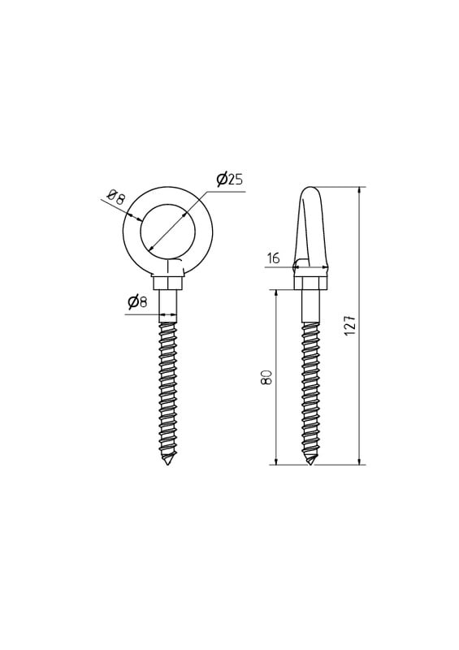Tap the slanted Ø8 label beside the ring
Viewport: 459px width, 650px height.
tap(115, 197)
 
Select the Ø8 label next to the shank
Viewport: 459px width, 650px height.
tap(137, 301)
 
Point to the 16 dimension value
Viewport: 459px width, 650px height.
tap(274, 258)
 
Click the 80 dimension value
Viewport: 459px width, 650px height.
tap(267, 376)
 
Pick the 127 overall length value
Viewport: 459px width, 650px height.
tap(350, 324)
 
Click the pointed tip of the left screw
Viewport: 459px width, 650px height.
tap(167, 464)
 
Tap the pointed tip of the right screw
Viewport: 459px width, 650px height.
tap(310, 464)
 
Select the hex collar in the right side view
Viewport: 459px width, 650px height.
tap(311, 283)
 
